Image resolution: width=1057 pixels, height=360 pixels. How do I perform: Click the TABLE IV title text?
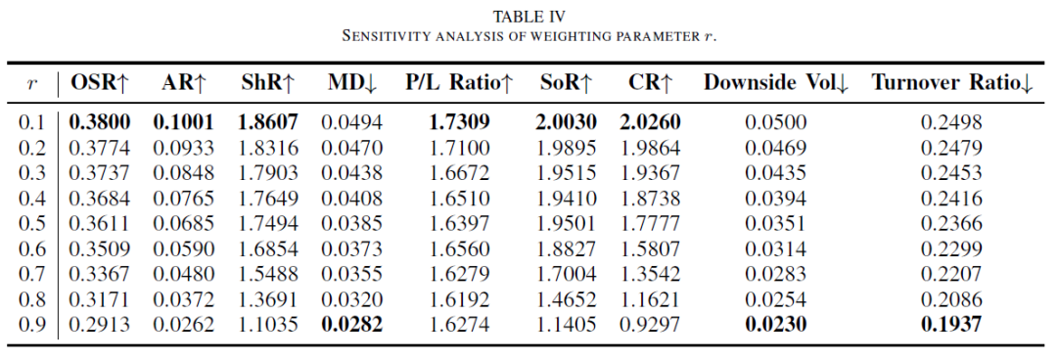(528, 17)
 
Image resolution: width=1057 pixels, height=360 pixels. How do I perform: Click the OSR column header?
(100, 83)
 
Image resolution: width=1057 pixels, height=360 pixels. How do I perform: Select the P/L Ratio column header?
(459, 83)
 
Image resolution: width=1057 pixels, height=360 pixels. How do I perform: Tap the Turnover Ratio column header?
(951, 83)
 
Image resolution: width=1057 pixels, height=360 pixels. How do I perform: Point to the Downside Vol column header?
(775, 83)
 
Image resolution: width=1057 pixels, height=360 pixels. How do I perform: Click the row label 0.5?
(30, 223)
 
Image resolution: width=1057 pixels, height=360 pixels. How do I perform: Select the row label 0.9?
(30, 324)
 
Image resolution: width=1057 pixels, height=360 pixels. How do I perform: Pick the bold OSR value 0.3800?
(100, 122)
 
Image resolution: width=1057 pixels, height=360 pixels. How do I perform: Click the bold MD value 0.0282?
(352, 324)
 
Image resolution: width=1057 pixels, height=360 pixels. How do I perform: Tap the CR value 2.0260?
(650, 122)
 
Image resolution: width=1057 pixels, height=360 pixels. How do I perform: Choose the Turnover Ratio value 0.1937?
(951, 324)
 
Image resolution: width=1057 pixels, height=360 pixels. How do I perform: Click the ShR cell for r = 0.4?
(267, 199)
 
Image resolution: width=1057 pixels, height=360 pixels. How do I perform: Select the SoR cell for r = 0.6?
(567, 248)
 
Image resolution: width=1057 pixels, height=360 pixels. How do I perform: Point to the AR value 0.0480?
(183, 274)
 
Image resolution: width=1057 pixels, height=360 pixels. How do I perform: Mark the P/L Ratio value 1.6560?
(459, 248)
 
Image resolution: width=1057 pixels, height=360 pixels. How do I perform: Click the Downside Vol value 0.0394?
(775, 199)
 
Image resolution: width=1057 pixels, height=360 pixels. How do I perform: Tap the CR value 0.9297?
(650, 324)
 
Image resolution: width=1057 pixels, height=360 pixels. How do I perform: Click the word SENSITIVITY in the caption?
(384, 36)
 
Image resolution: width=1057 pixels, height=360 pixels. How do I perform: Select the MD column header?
(352, 83)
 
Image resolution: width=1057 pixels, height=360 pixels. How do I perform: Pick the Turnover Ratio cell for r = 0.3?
(951, 172)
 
